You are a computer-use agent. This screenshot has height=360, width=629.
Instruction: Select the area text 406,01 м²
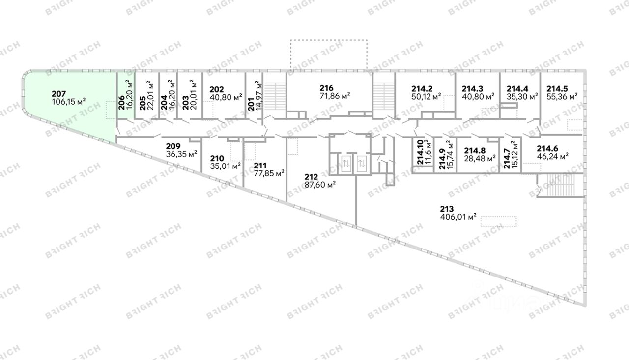click(x=459, y=217)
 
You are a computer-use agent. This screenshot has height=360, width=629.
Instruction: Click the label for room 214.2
click(x=422, y=89)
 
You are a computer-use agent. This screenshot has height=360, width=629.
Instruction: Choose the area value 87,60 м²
click(x=320, y=185)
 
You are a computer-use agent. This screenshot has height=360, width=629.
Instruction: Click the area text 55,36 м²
click(x=562, y=97)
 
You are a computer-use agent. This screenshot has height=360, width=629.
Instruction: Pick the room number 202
click(x=216, y=89)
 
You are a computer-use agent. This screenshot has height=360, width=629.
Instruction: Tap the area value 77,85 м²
click(x=269, y=173)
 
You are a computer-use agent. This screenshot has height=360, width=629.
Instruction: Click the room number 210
click(x=217, y=158)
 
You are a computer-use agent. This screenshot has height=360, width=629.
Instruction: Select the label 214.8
click(x=475, y=150)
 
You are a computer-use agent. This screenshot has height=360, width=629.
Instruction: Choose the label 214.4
click(x=517, y=89)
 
